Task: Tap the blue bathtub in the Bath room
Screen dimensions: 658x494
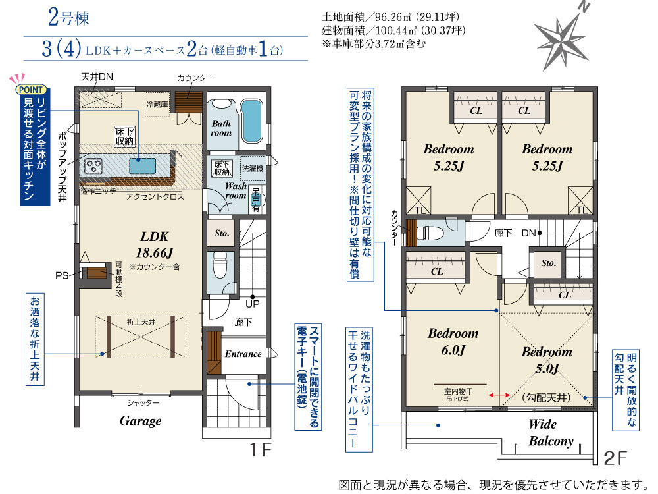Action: [252, 121]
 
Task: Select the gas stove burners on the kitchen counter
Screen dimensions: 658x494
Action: [93, 166]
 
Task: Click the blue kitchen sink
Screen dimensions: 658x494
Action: [142, 165]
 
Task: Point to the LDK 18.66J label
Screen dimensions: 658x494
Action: [155, 244]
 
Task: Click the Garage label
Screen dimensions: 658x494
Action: [141, 421]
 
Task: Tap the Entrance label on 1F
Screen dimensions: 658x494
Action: [243, 354]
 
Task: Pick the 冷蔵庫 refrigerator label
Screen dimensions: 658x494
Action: [157, 104]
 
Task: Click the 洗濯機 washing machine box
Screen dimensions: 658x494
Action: [253, 169]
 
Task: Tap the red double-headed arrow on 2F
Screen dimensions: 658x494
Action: [499, 395]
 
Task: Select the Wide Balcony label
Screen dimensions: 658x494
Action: [551, 433]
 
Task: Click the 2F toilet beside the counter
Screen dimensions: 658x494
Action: [433, 233]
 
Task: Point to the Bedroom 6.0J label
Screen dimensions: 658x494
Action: [453, 341]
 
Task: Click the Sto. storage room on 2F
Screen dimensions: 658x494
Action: [548, 263]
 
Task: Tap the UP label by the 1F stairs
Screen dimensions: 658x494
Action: [253, 304]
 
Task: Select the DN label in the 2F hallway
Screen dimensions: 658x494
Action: [528, 233]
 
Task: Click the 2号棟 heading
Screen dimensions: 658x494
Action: [68, 18]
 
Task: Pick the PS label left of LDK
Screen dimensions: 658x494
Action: [62, 275]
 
